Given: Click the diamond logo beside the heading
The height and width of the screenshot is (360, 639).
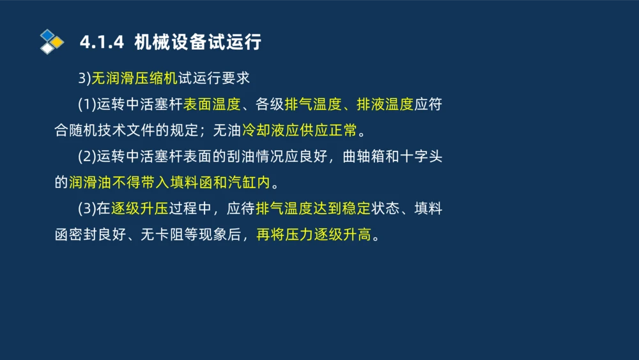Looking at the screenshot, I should (x=52, y=42).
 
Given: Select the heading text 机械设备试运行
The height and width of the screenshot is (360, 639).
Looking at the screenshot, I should (x=198, y=43).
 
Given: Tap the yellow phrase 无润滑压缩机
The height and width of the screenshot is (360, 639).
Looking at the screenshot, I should (x=134, y=79).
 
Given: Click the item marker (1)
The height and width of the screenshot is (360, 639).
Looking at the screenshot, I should (x=86, y=105).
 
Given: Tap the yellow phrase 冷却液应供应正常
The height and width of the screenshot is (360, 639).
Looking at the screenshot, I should (x=299, y=131).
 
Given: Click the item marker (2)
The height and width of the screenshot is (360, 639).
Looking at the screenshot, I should (x=86, y=157).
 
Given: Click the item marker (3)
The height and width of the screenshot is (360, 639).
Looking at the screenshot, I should (x=86, y=209).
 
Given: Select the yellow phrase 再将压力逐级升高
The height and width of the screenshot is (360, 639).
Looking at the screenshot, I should (x=314, y=235).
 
